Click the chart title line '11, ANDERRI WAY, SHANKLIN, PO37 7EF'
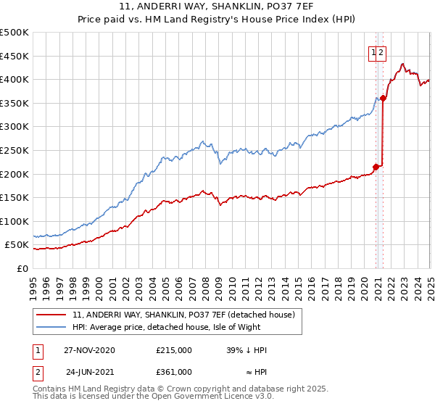[x=217, y=9]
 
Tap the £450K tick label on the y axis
[x=14, y=56]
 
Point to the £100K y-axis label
[x=14, y=221]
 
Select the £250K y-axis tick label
[x=14, y=150]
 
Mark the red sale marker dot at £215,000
[x=376, y=167]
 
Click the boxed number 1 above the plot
[x=373, y=52]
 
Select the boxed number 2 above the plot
[x=381, y=52]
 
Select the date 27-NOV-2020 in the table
[x=89, y=350]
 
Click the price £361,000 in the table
[x=174, y=372]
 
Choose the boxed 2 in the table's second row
[x=37, y=372]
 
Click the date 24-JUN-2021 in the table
[x=89, y=372]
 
